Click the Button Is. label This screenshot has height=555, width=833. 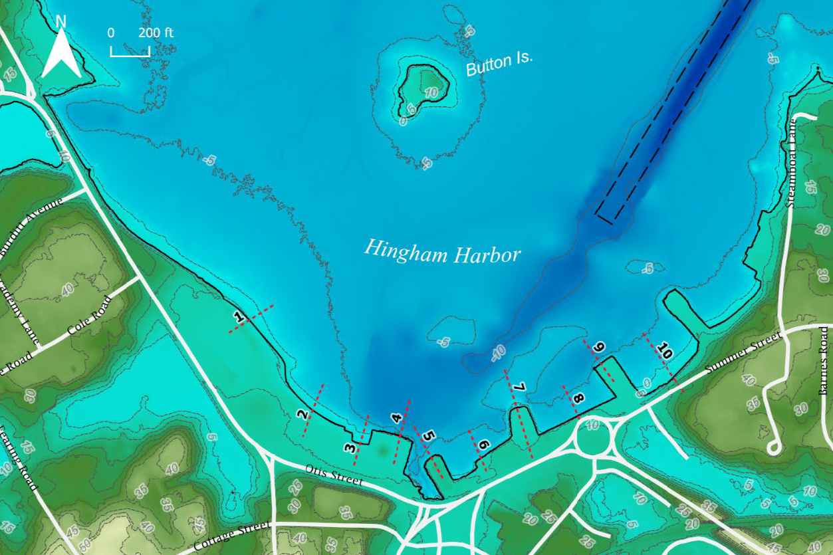(x=499, y=64)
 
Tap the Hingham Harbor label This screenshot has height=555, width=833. (x=442, y=251)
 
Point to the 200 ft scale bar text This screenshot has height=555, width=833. (x=156, y=33)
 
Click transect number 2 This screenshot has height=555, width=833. (x=302, y=415)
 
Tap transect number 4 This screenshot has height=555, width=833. (x=397, y=419)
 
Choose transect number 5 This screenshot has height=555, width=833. (x=429, y=437)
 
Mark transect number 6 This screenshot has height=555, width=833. (x=483, y=445)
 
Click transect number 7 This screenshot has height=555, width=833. (x=519, y=387)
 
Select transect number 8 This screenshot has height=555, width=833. (x=578, y=399)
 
